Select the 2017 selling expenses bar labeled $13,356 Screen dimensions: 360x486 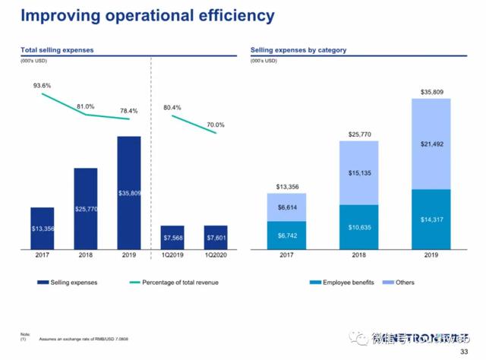pos(42,227)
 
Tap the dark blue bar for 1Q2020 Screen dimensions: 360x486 pos(216,237)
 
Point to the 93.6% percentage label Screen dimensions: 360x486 pos(42,86)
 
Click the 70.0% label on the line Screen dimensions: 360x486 pos(216,125)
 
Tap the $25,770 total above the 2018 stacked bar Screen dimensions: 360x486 pos(358,134)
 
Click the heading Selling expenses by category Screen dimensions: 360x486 pos(298,50)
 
